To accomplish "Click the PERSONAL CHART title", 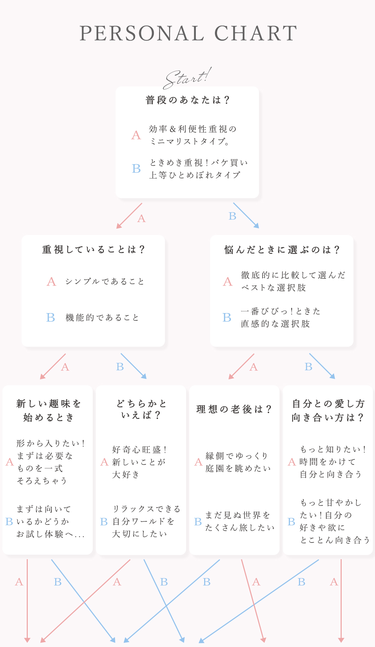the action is (188, 33).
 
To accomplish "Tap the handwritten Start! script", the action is (187, 78).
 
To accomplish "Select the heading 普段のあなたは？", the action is (187, 100).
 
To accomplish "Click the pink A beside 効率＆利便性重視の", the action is (136, 135).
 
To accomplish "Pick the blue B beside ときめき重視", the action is (136, 169).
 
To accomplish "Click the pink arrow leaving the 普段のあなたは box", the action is (129, 216).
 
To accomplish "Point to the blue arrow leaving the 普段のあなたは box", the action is (246, 216).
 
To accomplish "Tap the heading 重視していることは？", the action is (93, 249).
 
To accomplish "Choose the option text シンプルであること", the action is (105, 282).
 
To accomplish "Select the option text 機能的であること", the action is (102, 318).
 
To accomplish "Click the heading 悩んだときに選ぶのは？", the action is (282, 250).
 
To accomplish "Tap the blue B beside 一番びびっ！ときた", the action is (227, 318).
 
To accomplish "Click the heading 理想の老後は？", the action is (234, 409).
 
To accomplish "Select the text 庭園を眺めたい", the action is (238, 468).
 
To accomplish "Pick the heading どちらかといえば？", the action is (141, 409).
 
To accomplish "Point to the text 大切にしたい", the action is (140, 533).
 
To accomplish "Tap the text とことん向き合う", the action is (335, 540).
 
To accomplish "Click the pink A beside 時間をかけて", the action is (292, 462).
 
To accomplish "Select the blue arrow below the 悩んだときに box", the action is (322, 366).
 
